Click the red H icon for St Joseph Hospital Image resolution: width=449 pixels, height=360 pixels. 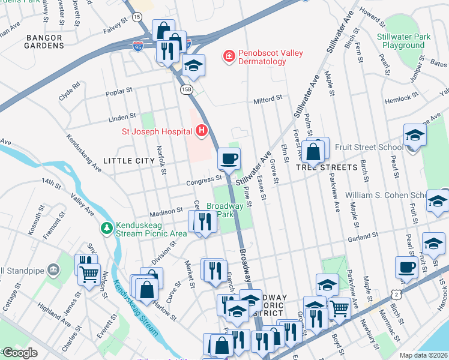click(x=202, y=130)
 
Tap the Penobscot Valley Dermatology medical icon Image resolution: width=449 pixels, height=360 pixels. click(x=228, y=57)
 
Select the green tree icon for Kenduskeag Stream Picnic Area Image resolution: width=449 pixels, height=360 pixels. click(x=106, y=228)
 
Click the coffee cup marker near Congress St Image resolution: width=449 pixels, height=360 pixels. click(x=228, y=159)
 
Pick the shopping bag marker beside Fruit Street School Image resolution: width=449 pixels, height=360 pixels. click(x=313, y=152)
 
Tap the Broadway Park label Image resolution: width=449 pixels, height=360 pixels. click(x=225, y=210)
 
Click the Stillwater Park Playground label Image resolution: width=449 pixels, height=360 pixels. click(x=403, y=41)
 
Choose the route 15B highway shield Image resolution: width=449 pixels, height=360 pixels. click(x=187, y=89)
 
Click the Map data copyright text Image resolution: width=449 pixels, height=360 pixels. click(x=423, y=355)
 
